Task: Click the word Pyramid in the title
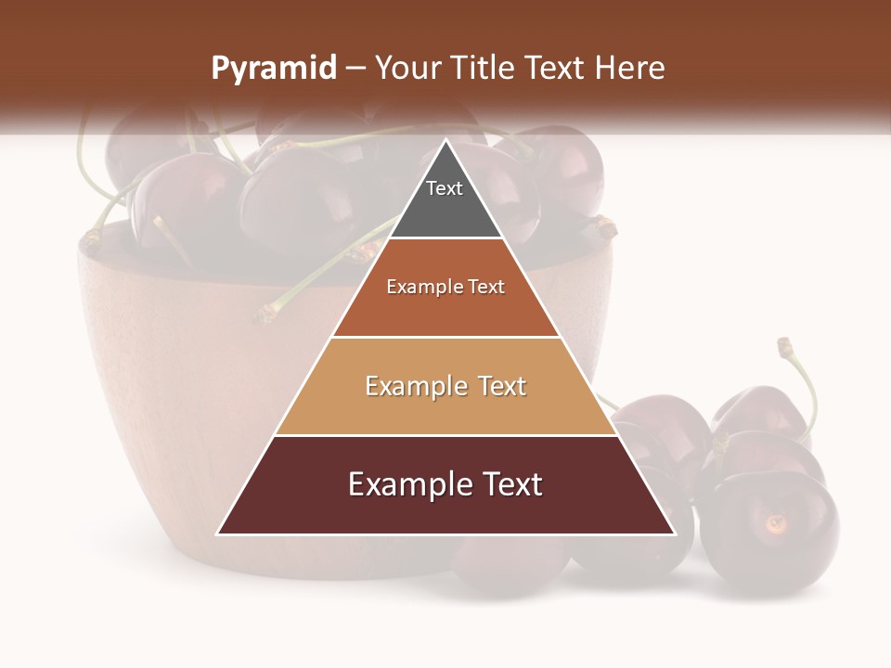click(273, 69)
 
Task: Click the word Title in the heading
click(484, 69)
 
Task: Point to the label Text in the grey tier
click(445, 188)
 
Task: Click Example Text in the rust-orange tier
click(445, 287)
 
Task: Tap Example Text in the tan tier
click(445, 386)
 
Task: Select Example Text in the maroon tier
click(445, 484)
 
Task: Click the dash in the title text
click(355, 69)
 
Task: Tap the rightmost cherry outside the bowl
click(770, 529)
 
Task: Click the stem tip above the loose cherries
click(785, 345)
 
